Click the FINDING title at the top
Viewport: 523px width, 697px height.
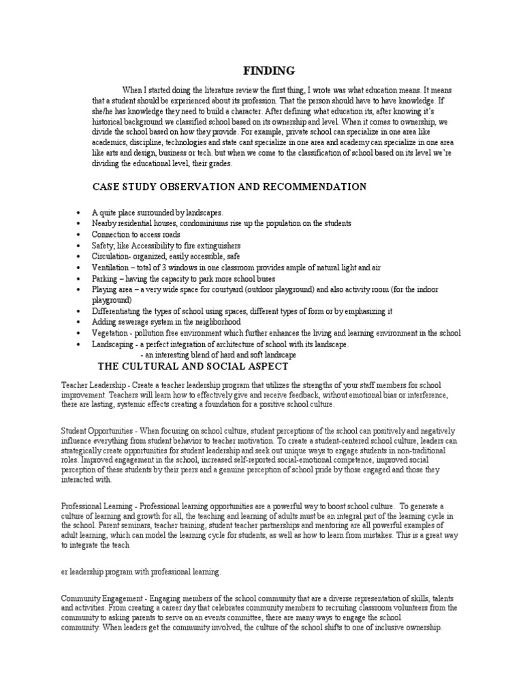click(270, 71)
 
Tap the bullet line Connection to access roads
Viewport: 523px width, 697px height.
click(136, 234)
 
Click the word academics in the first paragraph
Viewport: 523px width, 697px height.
click(112, 143)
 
